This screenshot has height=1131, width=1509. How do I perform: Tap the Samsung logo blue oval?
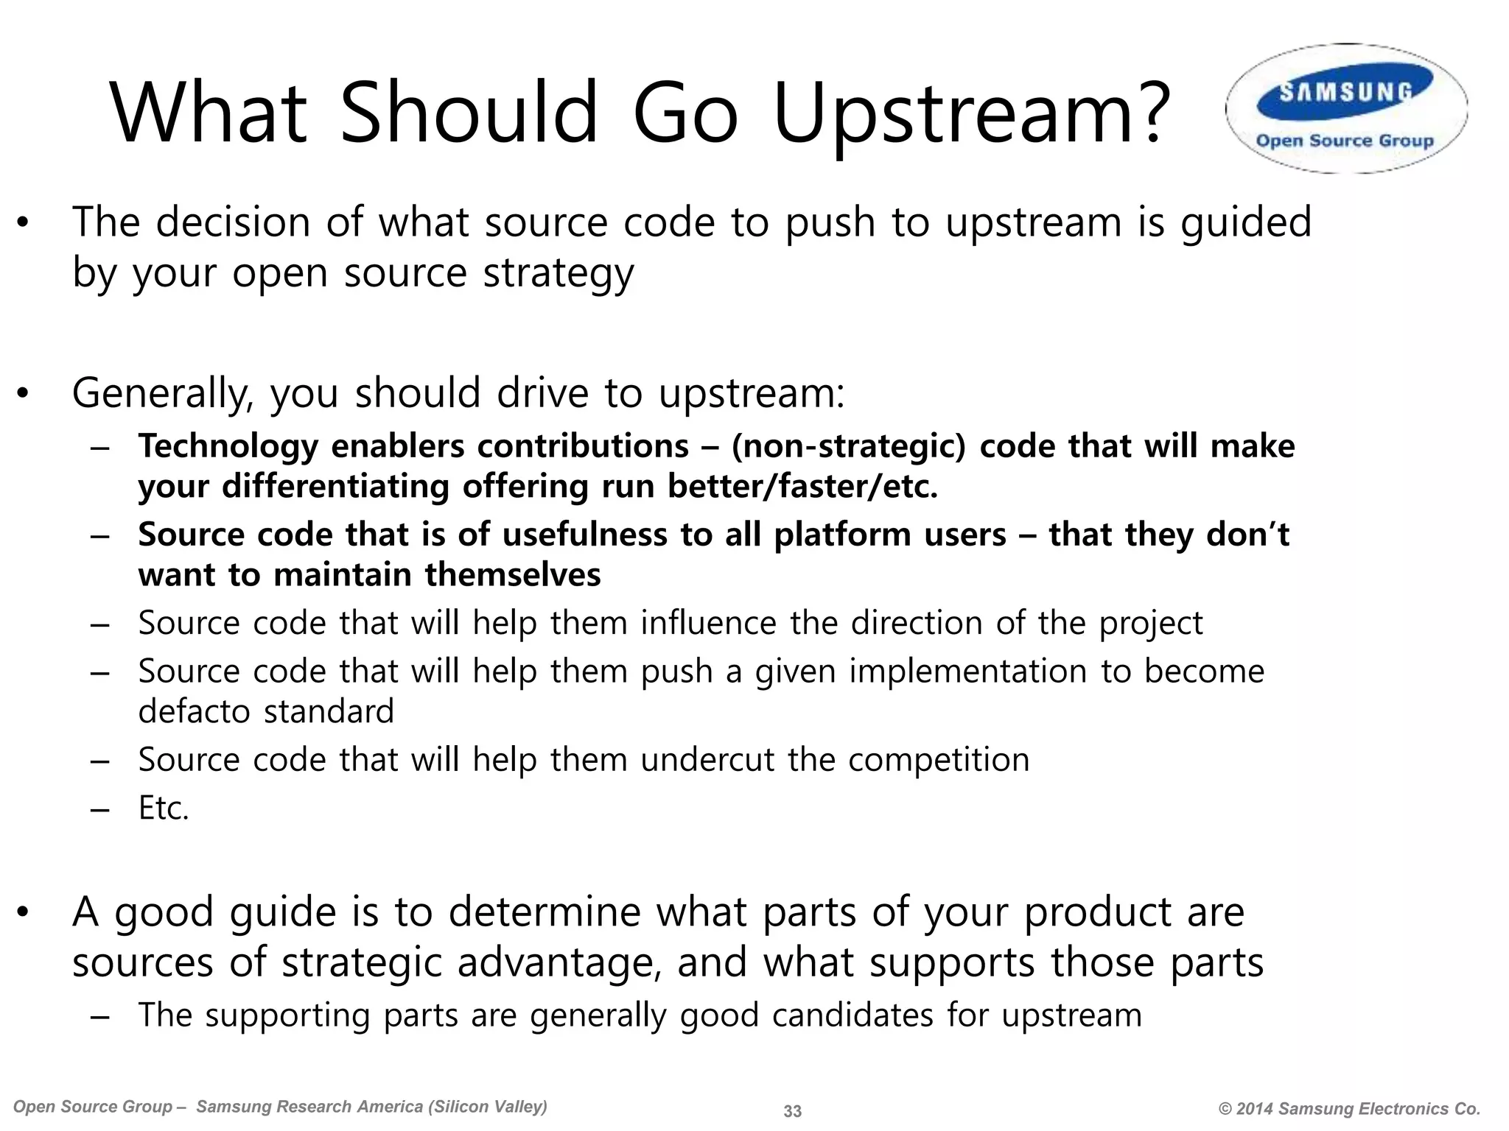pyautogui.click(x=1345, y=92)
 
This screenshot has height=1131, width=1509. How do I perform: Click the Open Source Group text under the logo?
pyautogui.click(x=1345, y=141)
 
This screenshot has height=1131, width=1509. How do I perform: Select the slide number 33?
pyautogui.click(x=792, y=1111)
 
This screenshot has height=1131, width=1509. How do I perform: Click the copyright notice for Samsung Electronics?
pyautogui.click(x=1349, y=1109)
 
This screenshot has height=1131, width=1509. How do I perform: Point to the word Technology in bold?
pyautogui.click(x=228, y=447)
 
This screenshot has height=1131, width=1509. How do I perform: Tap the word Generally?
pyautogui.click(x=162, y=393)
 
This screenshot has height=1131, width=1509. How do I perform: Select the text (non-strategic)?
pyautogui.click(x=847, y=447)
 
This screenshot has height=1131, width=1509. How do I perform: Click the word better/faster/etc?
pyautogui.click(x=802, y=487)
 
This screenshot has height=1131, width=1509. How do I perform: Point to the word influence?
pyautogui.click(x=708, y=624)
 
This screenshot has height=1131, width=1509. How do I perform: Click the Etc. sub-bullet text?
pyautogui.click(x=164, y=808)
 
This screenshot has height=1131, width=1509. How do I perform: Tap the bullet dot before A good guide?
pyautogui.click(x=24, y=913)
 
